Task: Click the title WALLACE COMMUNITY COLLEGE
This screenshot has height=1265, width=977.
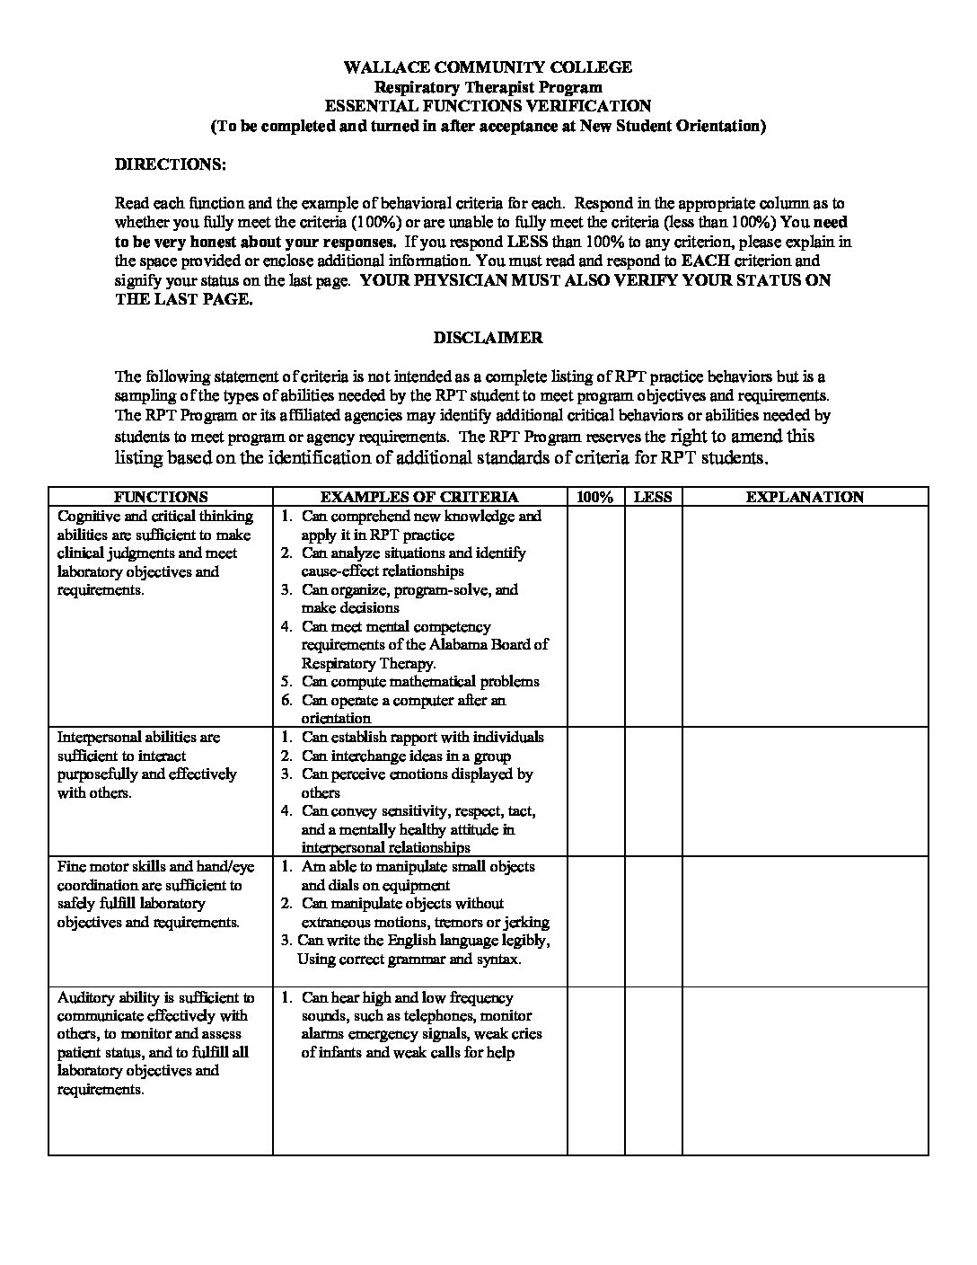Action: [x=488, y=67]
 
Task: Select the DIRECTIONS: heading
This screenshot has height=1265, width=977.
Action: [x=171, y=165]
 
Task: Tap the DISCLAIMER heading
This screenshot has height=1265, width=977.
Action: [x=488, y=338]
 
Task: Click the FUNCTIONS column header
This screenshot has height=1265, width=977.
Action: [x=161, y=497]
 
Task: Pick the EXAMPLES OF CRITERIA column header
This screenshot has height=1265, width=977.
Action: [x=419, y=497]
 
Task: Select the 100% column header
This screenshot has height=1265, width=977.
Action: [x=595, y=497]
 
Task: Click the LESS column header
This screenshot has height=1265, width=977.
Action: [x=653, y=497]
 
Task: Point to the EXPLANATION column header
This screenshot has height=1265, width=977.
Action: [x=805, y=497]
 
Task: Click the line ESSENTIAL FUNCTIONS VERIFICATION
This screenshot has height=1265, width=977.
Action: [x=488, y=106]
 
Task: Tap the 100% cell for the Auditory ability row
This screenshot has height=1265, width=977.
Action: [x=595, y=1069]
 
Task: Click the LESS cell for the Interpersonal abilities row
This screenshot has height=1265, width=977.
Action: [x=653, y=791]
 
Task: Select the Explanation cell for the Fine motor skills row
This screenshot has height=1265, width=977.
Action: [x=805, y=921]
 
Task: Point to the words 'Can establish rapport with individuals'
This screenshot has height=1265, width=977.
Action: [x=423, y=737]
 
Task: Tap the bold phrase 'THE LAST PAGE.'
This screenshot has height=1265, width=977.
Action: [x=184, y=299]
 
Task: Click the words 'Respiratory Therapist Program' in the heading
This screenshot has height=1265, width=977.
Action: [x=488, y=87]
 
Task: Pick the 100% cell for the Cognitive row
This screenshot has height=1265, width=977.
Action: [x=595, y=616]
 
